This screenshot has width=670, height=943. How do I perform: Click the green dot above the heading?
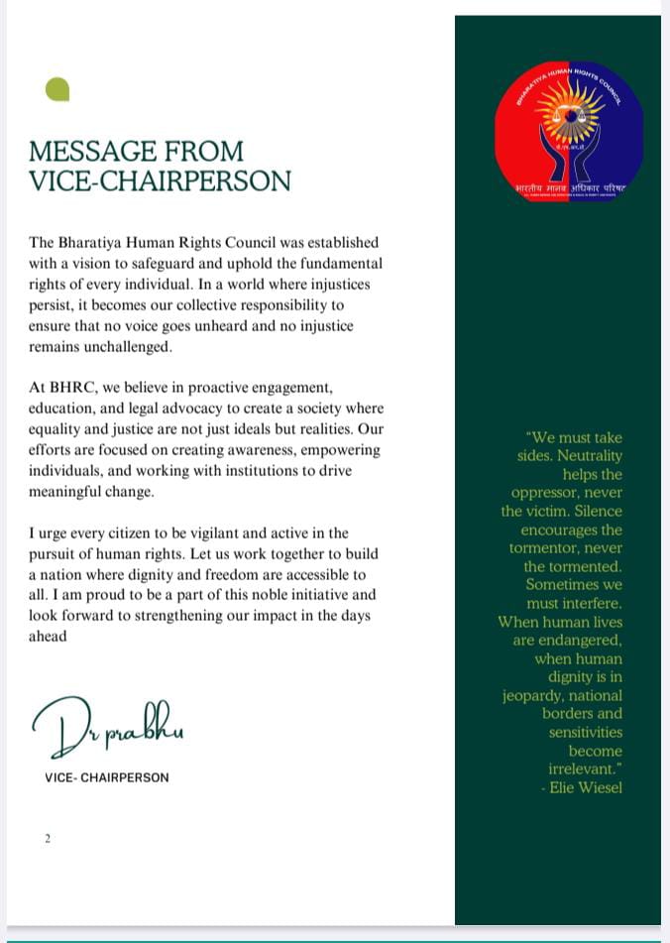click(x=57, y=90)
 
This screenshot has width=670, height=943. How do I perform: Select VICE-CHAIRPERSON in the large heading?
click(x=160, y=181)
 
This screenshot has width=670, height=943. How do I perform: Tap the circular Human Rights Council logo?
click(x=569, y=132)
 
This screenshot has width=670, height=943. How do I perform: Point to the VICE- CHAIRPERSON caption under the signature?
click(x=107, y=777)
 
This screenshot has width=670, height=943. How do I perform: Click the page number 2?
click(x=47, y=839)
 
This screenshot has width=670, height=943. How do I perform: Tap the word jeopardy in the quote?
click(x=535, y=696)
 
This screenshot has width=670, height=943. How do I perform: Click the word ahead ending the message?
click(x=49, y=637)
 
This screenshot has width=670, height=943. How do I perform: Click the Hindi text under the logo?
click(x=570, y=186)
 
